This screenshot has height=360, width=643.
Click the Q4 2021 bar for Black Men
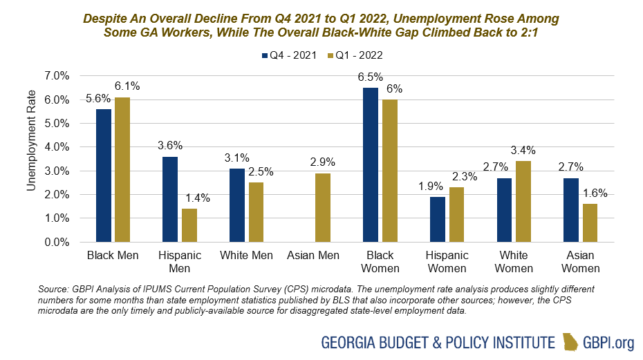click(104, 176)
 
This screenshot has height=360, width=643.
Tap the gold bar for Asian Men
click(322, 207)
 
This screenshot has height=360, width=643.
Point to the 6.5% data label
click(370, 76)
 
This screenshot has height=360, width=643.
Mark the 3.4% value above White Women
click(524, 150)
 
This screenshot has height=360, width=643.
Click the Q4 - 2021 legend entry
click(289, 55)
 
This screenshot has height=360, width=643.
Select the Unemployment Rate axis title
click(30, 158)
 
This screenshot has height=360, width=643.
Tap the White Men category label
click(246, 256)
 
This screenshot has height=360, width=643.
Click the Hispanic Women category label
click(447, 261)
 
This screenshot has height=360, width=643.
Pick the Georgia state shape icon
click(570, 342)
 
